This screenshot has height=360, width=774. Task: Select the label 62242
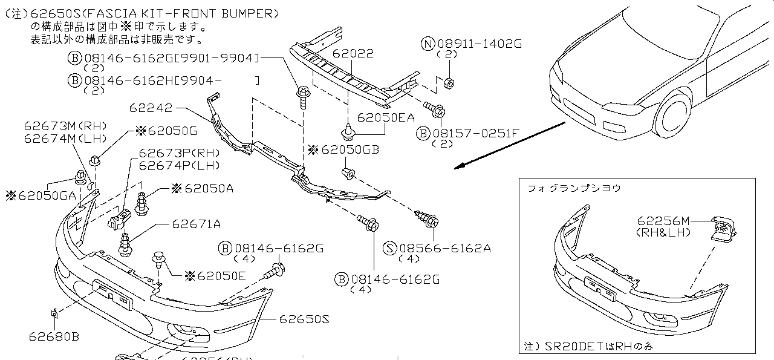(151, 108)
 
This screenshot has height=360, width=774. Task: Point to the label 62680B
(53, 336)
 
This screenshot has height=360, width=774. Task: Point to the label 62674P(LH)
(179, 165)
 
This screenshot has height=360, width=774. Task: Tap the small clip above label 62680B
(54, 313)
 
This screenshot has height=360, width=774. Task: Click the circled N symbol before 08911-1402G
(428, 44)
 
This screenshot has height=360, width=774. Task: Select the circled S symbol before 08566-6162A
(391, 247)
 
